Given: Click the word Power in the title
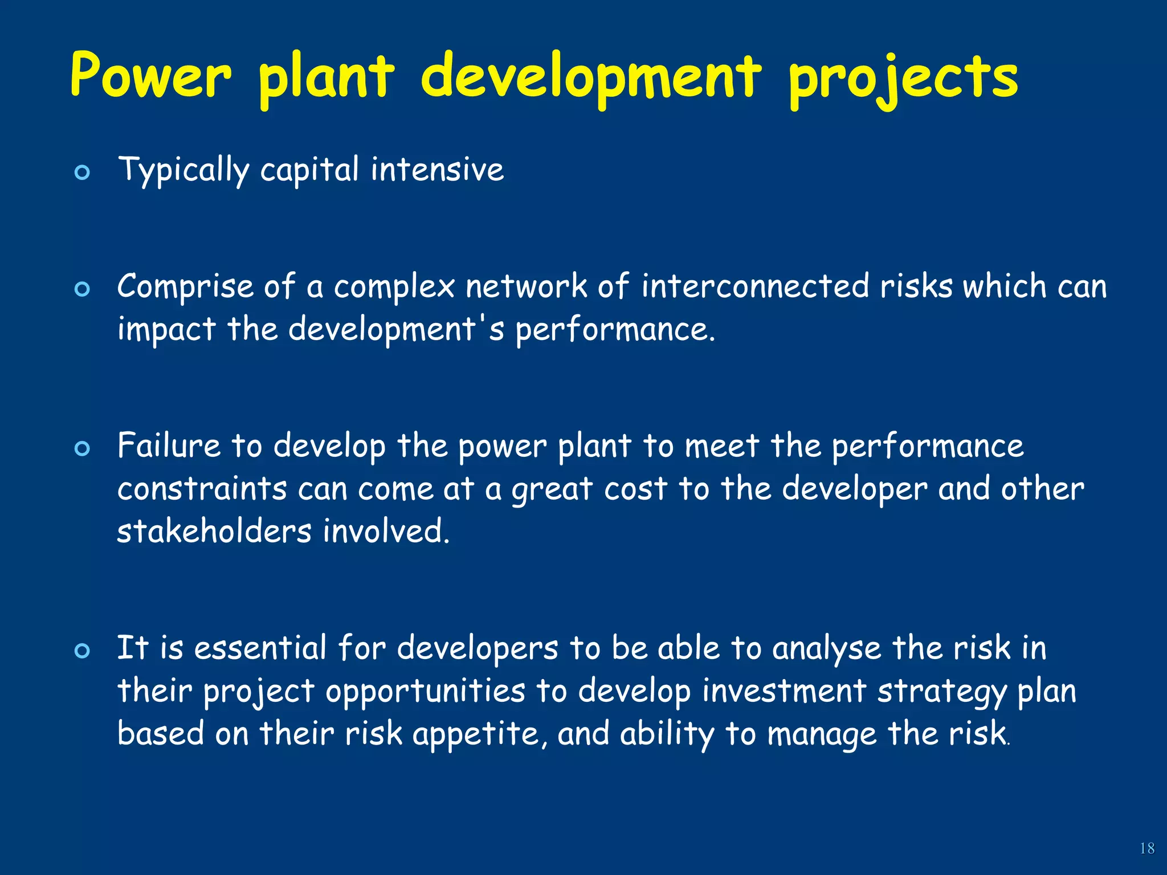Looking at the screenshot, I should [151, 76].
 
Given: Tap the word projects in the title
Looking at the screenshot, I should [903, 80].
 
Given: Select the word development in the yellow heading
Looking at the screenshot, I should [591, 77].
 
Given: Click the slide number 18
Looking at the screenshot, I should [1146, 849].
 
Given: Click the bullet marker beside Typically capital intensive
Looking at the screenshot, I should [83, 173].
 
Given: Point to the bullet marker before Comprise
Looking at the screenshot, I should [83, 289].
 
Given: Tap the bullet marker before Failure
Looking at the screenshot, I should [83, 449].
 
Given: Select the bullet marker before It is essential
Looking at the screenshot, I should [83, 651].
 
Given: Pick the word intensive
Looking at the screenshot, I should [437, 170].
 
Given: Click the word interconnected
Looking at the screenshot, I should [755, 286].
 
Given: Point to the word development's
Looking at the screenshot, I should [396, 329].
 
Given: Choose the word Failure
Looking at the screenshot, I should [169, 445].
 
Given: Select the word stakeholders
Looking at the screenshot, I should [214, 531].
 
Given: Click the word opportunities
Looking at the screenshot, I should [425, 692].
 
